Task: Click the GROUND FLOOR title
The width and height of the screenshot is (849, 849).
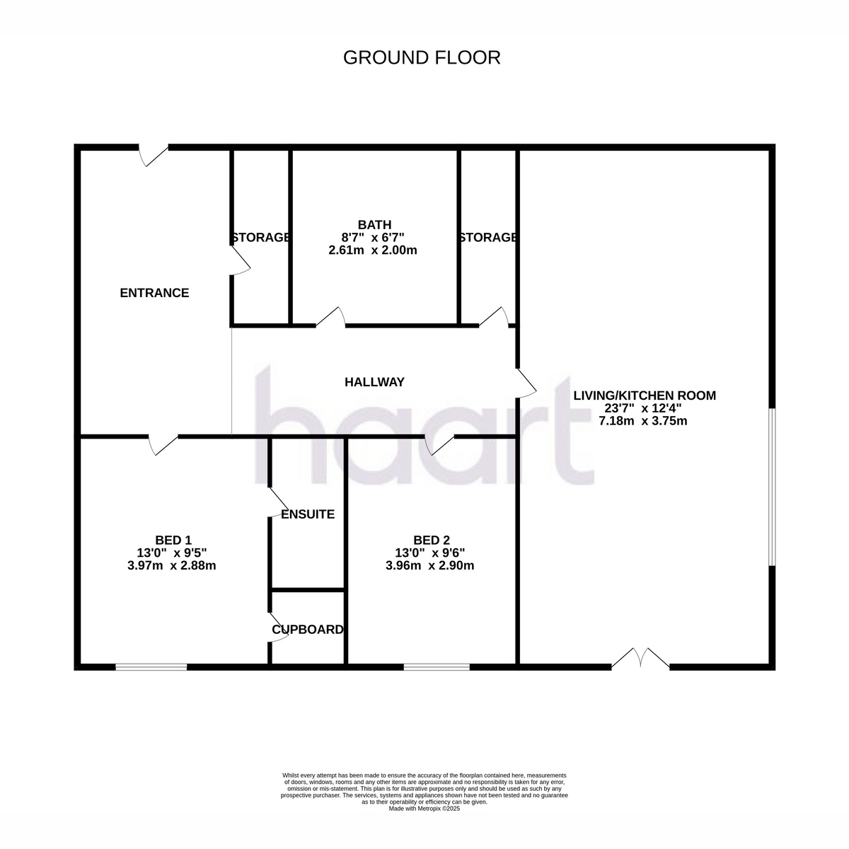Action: click(x=422, y=58)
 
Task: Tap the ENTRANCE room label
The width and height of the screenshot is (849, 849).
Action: click(x=154, y=293)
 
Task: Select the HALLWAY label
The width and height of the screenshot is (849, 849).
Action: click(x=374, y=382)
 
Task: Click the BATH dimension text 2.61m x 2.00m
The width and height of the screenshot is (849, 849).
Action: click(x=373, y=250)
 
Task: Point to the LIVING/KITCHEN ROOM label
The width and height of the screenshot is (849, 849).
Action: click(x=645, y=395)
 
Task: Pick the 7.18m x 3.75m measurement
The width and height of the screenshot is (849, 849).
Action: click(x=643, y=421)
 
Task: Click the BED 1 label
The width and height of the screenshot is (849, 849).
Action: click(x=173, y=540)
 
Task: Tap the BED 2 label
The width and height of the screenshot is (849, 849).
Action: click(x=432, y=540)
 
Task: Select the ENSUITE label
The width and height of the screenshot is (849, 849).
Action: click(x=308, y=514)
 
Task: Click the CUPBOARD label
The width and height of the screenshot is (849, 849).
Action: click(x=308, y=630)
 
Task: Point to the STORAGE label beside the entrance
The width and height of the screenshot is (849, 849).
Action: click(x=261, y=238)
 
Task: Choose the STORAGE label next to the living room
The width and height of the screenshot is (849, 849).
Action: click(x=487, y=238)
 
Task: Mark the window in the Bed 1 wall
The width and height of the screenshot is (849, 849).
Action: click(x=151, y=667)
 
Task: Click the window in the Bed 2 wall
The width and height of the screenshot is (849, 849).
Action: click(x=437, y=667)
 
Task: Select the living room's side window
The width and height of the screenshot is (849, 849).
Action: click(x=772, y=487)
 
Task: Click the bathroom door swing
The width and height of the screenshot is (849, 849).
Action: click(x=330, y=317)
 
